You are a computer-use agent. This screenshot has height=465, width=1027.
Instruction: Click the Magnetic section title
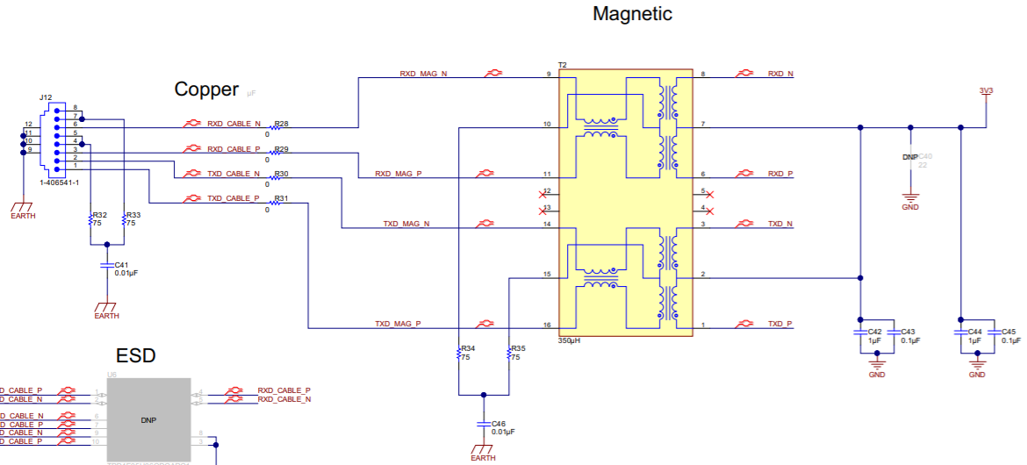click(x=632, y=14)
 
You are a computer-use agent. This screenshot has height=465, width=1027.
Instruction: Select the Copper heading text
click(x=206, y=89)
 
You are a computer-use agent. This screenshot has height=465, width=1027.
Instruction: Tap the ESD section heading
click(x=136, y=355)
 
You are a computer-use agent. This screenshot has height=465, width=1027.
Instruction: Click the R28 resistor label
click(x=281, y=124)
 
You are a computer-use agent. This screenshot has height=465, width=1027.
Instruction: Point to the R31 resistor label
click(x=281, y=199)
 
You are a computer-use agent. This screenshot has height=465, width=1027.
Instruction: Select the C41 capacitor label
click(x=121, y=264)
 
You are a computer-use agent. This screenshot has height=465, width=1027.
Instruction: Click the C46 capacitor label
click(x=499, y=423)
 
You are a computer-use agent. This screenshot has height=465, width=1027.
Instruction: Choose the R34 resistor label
click(x=468, y=348)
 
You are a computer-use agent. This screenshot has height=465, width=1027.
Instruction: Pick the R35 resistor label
click(x=518, y=348)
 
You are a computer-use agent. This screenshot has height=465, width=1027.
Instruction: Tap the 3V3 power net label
click(x=987, y=90)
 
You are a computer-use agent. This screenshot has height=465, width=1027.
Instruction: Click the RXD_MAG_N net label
click(x=423, y=75)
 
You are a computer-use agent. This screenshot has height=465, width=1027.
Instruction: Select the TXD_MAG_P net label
click(x=398, y=324)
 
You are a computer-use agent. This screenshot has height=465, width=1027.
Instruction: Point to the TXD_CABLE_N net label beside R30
click(x=233, y=174)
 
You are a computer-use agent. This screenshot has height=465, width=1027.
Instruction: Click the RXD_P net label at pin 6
click(x=780, y=174)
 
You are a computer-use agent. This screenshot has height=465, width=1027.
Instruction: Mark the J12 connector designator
click(x=46, y=97)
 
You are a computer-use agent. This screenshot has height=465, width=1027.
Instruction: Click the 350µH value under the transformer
click(x=569, y=340)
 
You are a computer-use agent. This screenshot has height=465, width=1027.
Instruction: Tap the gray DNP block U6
click(x=148, y=420)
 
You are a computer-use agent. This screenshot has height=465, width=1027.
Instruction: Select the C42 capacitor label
click(x=874, y=332)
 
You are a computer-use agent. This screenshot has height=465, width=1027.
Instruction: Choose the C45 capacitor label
click(x=1009, y=332)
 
